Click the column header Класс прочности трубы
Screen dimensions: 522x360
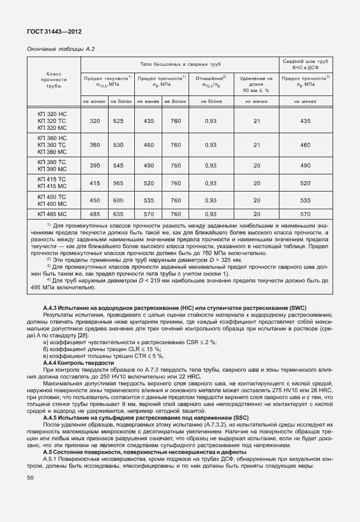click(52, 80)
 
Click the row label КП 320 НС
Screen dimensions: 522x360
click(52, 114)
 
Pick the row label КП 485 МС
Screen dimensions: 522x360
click(52, 214)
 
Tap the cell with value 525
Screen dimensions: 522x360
click(118, 121)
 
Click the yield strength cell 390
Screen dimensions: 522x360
click(94, 165)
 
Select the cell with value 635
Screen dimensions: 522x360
click(118, 214)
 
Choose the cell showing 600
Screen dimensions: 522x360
click(118, 201)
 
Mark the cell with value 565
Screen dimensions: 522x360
click(118, 183)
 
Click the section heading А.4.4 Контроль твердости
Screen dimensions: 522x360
click(78, 363)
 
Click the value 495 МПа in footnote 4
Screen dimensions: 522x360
click(39, 287)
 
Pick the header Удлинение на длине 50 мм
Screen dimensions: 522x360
click(256, 83)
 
